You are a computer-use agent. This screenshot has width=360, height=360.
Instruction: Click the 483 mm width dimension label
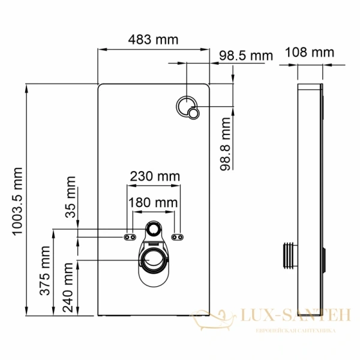(x=154, y=40)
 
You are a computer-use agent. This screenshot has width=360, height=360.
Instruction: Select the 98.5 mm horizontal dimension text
(x=245, y=56)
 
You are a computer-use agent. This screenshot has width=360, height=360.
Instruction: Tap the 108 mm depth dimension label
(x=311, y=52)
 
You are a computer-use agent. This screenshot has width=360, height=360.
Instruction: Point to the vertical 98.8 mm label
(x=226, y=145)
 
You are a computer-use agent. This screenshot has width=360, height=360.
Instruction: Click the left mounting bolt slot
(x=130, y=237)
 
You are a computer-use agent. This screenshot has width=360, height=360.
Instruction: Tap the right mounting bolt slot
(x=178, y=237)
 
